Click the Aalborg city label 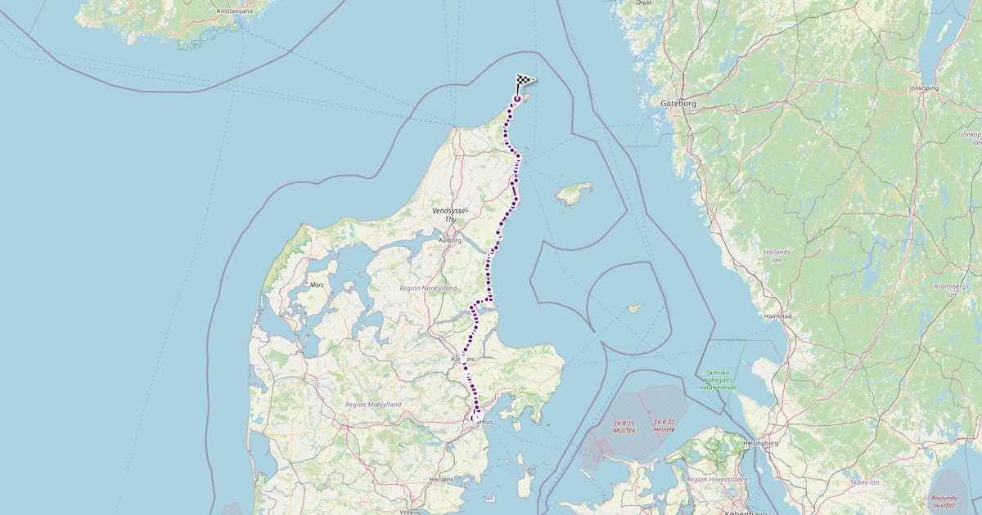pos(450,240)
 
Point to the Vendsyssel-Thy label pos(450,215)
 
